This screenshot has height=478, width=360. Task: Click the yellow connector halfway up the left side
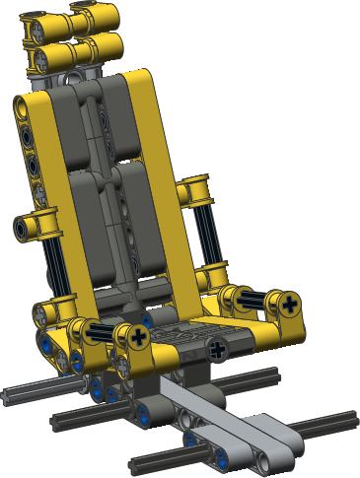pos(34,227)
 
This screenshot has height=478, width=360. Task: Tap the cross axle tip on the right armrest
pos(289,305)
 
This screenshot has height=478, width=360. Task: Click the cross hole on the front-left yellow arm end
pos(136,340)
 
